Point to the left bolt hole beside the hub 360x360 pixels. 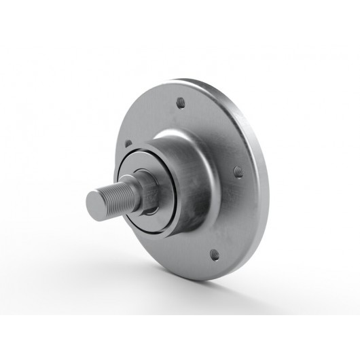coord(127,143)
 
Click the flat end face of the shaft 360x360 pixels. coord(96,202)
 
